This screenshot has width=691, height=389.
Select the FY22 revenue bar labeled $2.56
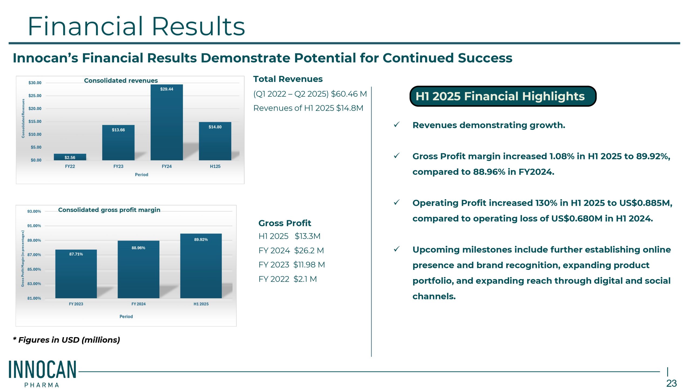click(x=70, y=157)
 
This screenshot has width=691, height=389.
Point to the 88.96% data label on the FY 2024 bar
click(x=138, y=248)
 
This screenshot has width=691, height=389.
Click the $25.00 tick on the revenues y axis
click(x=35, y=96)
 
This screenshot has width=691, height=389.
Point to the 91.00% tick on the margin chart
click(x=34, y=226)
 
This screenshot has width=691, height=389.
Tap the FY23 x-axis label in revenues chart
click(x=118, y=166)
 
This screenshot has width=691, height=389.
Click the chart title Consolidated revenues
click(x=121, y=81)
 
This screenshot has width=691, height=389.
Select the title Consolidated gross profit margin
click(x=109, y=210)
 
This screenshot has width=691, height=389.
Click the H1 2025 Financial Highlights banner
click(x=503, y=96)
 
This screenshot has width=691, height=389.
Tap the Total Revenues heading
click(x=288, y=79)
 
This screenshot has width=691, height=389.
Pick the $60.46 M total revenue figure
click(x=349, y=94)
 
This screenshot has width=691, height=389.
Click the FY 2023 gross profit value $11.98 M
click(x=309, y=265)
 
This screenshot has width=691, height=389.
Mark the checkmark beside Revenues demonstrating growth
click(x=397, y=125)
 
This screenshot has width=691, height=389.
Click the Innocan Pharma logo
click(x=42, y=373)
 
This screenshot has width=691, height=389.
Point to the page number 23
click(x=671, y=383)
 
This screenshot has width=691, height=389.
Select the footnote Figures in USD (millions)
click(x=66, y=340)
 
